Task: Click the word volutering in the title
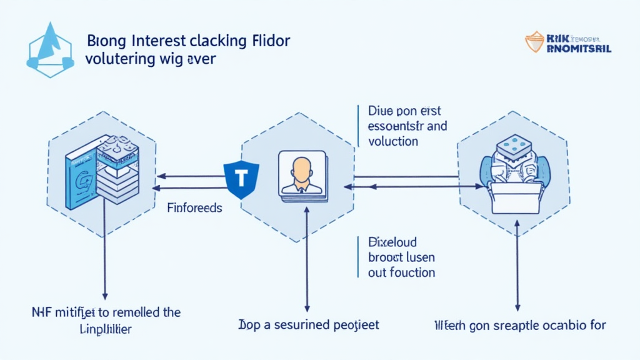coord(116,59)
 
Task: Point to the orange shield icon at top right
coord(535,42)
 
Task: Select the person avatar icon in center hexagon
coord(302,174)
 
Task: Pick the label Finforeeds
coord(194,207)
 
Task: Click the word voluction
coord(393,141)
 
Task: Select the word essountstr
coord(395,126)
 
